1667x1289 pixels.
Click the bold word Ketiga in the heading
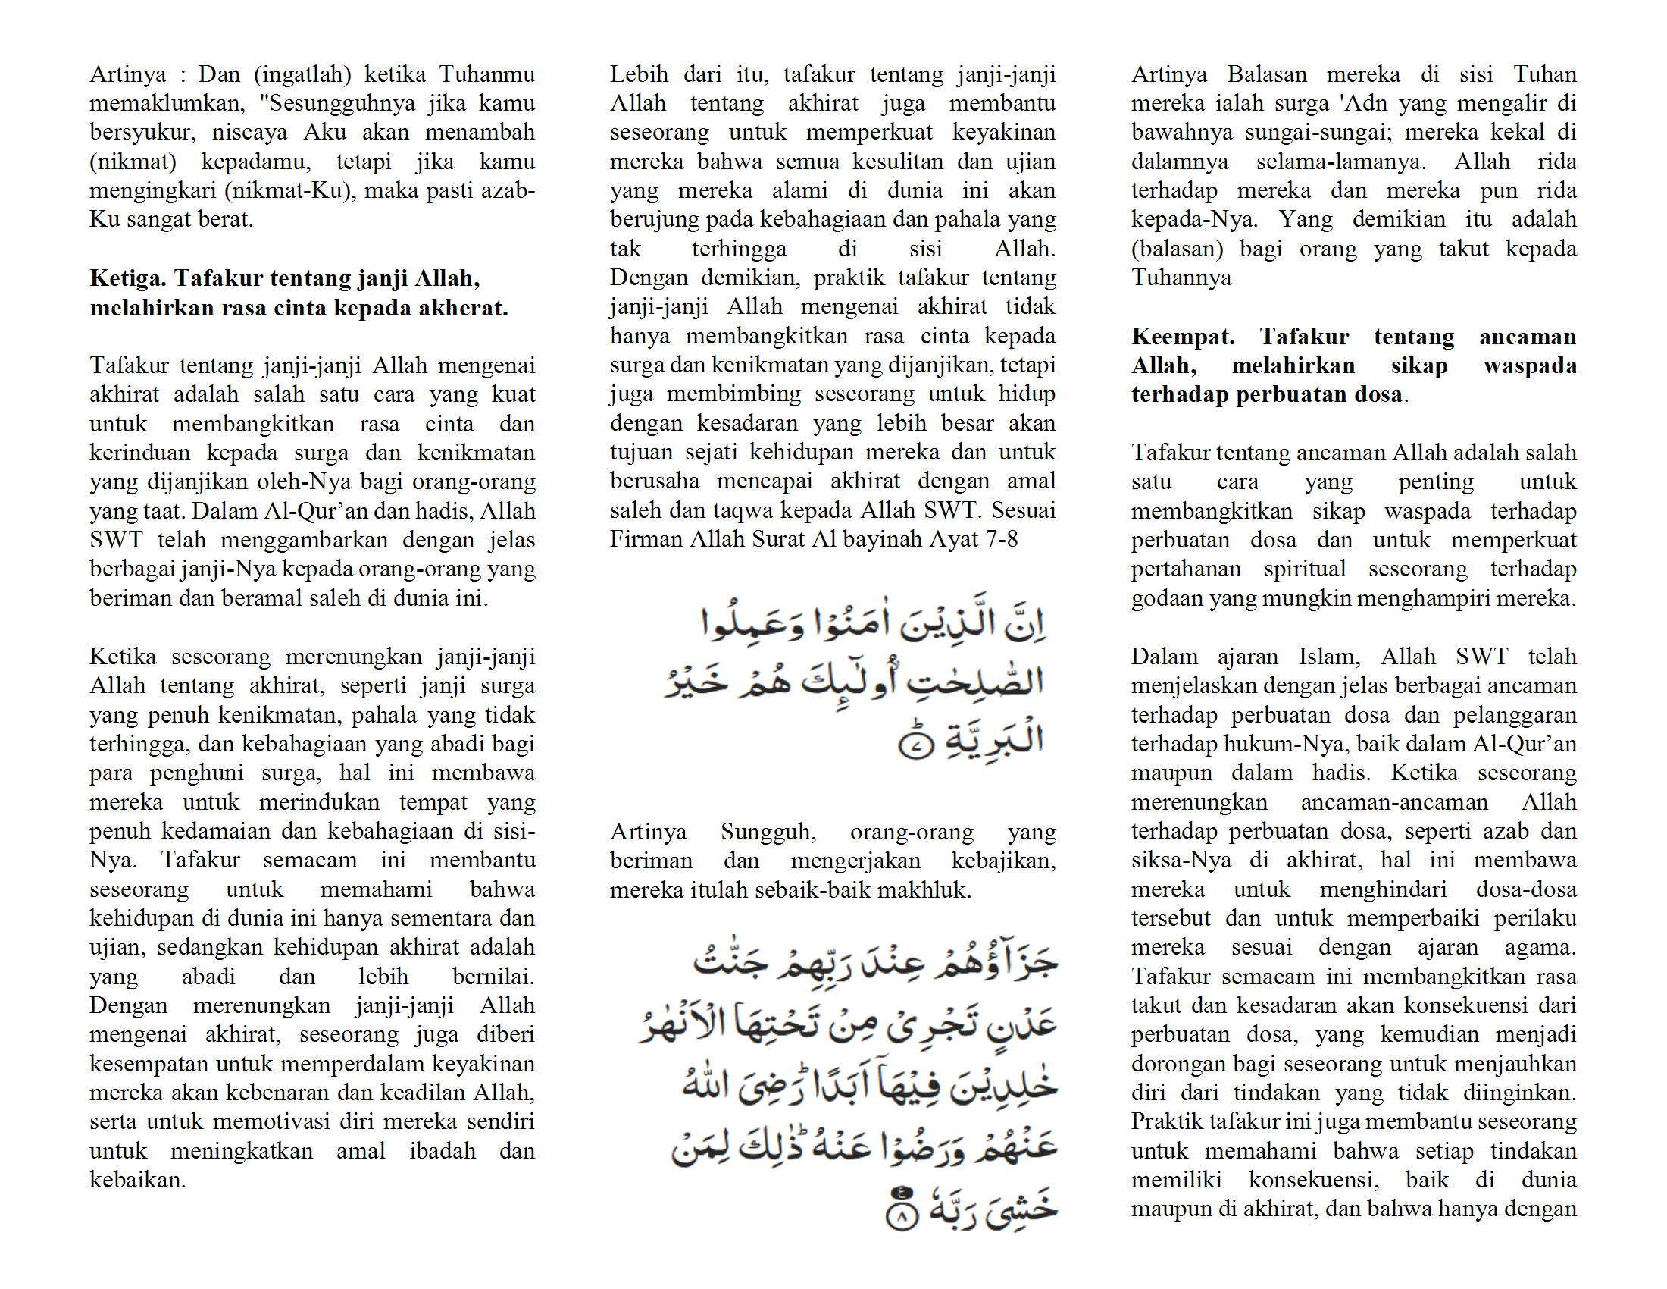(127, 278)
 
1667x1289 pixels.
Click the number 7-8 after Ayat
(1001, 539)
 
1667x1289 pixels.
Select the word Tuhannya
(1181, 278)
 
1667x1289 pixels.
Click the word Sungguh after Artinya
(768, 832)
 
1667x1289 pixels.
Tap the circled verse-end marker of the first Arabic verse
(916, 745)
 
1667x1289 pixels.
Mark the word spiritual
(1305, 569)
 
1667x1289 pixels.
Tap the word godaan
(1166, 598)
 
